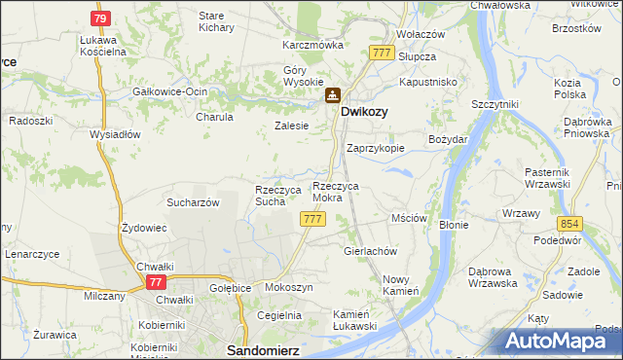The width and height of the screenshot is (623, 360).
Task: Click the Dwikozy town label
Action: (364, 112)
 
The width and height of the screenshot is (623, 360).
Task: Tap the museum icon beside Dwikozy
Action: (333, 95)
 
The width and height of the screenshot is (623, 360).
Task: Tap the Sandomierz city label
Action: (260, 347)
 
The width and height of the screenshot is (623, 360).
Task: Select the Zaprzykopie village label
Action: (376, 149)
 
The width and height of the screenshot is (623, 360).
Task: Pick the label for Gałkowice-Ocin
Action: (170, 91)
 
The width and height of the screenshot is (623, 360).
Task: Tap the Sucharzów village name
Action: (192, 202)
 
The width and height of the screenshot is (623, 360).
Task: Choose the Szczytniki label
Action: (495, 103)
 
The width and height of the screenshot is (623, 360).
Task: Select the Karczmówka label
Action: (312, 45)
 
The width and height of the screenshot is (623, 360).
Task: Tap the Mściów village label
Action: (410, 219)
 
